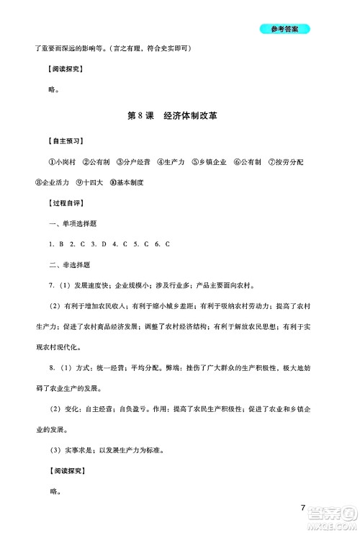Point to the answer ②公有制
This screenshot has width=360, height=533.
pyautogui.click(x=98, y=162)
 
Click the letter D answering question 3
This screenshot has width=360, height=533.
pyautogui.click(x=104, y=245)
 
